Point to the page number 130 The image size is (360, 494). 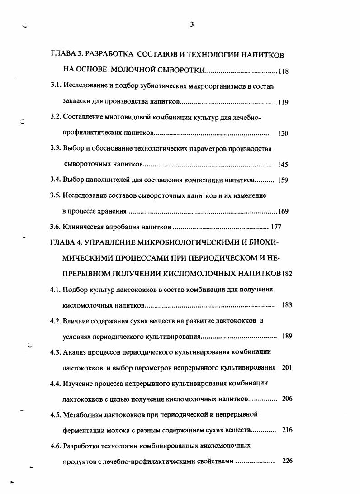284,133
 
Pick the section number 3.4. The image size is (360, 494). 56,180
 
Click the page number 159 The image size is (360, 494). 283,180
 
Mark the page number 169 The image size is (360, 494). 284,211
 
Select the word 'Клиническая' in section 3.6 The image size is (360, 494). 85,227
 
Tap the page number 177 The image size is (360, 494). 276,227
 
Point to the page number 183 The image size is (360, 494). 287,305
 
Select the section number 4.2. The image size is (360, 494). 56,321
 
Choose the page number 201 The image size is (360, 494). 287,367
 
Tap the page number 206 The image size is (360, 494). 287,399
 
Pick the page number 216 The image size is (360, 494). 287,430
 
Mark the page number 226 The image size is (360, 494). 287,461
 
